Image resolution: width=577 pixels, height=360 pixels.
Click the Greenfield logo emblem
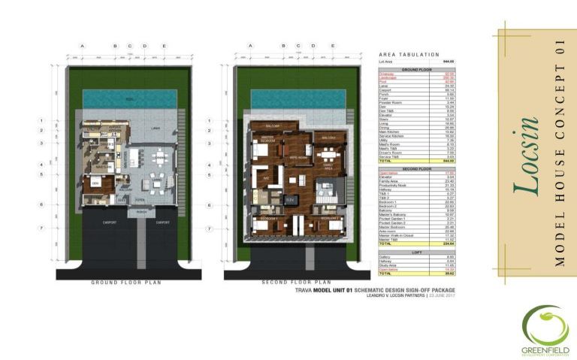coord(546,322)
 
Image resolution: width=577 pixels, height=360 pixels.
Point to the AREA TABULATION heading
coord(410,55)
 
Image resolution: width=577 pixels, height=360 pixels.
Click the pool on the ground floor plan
coord(129,98)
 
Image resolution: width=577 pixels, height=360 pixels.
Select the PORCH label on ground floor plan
coord(140,213)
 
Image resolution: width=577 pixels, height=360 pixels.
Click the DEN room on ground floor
coord(95,183)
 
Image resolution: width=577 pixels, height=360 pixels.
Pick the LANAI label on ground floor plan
coord(156,129)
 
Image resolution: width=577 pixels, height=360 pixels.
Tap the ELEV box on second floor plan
coord(289,200)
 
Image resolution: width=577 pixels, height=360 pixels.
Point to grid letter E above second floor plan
coord(333,46)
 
